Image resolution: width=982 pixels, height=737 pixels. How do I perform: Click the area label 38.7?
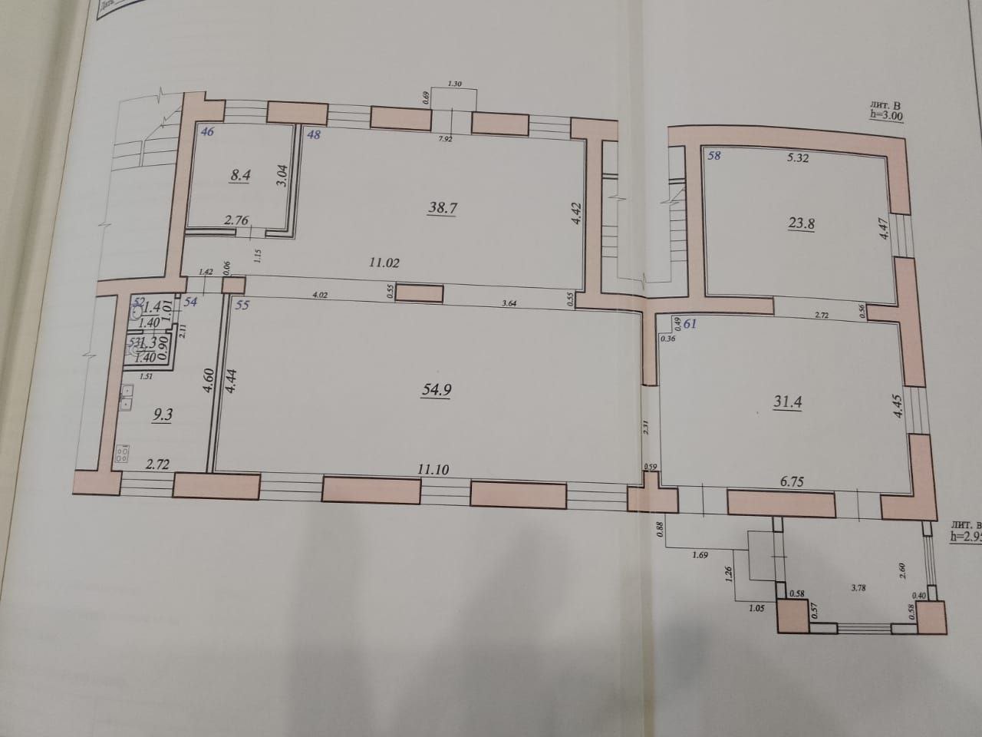tap(443, 207)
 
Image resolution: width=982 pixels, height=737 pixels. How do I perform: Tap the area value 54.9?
tap(436, 389)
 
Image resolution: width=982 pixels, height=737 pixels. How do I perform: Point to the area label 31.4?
tap(787, 402)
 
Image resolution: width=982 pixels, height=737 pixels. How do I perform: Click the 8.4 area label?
tap(241, 174)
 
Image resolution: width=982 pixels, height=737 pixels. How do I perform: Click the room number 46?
tap(206, 132)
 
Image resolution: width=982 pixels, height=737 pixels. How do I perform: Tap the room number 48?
tap(313, 135)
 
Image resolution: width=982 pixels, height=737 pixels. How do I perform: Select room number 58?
tap(714, 156)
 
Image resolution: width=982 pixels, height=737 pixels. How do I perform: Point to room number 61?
tap(690, 323)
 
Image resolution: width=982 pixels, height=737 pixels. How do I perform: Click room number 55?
tap(242, 305)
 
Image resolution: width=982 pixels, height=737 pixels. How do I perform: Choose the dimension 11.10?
tap(433, 467)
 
